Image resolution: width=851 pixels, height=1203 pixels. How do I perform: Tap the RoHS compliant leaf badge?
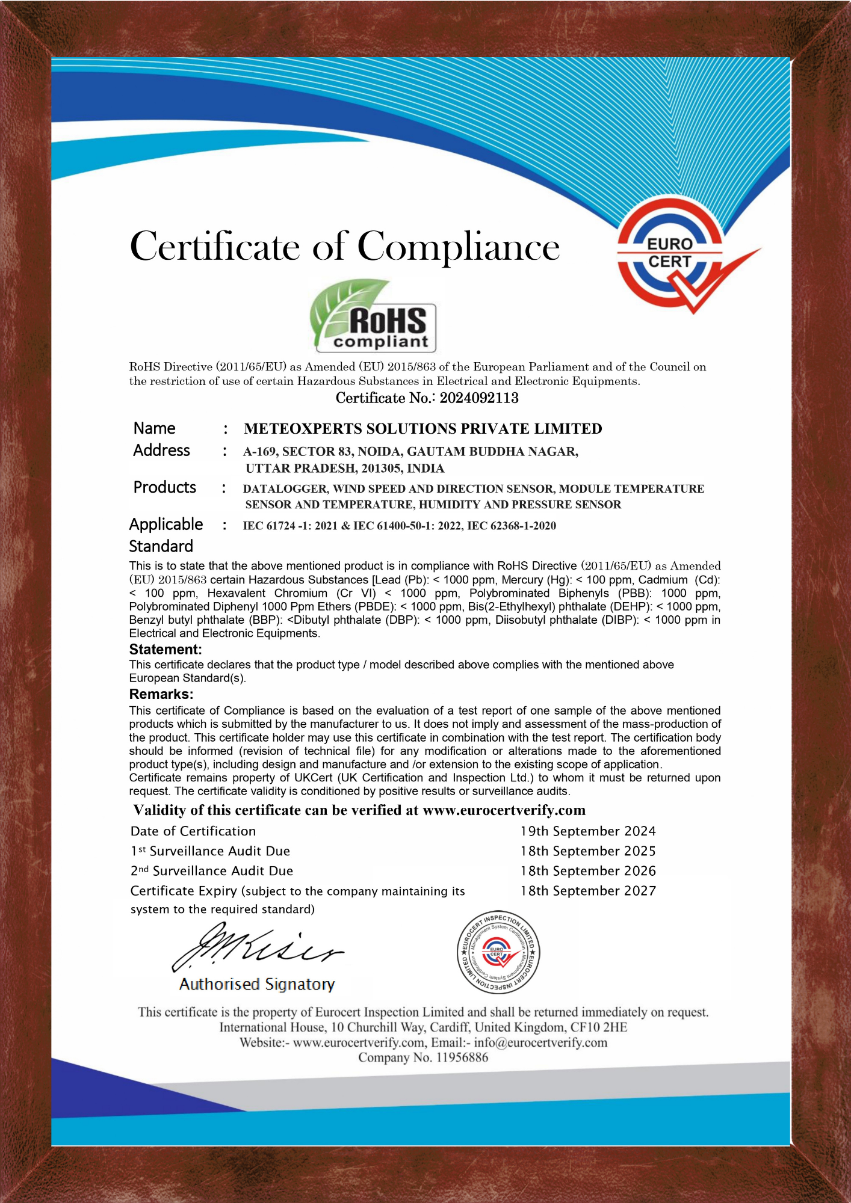pyautogui.click(x=374, y=316)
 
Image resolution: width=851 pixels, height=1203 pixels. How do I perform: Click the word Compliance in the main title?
pyautogui.click(x=458, y=247)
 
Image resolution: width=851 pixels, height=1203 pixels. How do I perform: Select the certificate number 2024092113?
pyautogui.click(x=479, y=398)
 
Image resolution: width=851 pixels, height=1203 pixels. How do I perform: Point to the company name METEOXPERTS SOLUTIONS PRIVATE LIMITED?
pyautogui.click(x=422, y=429)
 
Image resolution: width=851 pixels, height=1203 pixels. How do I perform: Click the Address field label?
pyautogui.click(x=161, y=451)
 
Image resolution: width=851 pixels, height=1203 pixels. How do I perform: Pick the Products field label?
pyautogui.click(x=164, y=487)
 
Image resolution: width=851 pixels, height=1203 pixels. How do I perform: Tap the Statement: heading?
pyautogui.click(x=166, y=650)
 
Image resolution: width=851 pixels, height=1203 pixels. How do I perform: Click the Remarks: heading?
pyautogui.click(x=161, y=694)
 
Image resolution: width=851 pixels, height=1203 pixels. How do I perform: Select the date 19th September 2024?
pyautogui.click(x=588, y=831)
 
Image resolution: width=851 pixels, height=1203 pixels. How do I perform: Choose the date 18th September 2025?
pyautogui.click(x=588, y=851)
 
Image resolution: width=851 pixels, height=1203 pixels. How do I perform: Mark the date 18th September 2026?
pyautogui.click(x=588, y=871)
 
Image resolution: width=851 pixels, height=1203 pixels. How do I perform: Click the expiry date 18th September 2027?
pyautogui.click(x=588, y=891)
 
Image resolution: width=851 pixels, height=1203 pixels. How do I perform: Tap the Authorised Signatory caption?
pyautogui.click(x=257, y=984)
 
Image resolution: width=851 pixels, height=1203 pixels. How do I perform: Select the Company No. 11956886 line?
pyautogui.click(x=423, y=1057)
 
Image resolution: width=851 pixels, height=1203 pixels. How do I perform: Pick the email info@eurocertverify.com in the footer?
pyautogui.click(x=540, y=1042)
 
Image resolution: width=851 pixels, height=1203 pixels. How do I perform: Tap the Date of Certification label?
pyautogui.click(x=193, y=831)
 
